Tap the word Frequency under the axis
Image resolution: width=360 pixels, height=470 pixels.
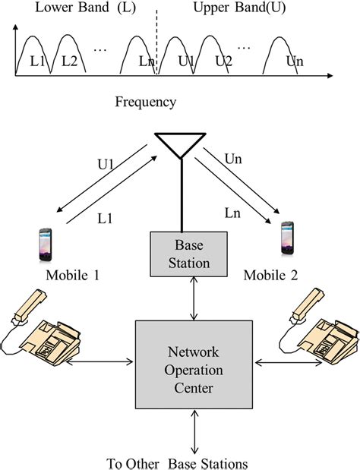coord(146,101)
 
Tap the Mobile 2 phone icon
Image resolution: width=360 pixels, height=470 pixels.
coord(287,238)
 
